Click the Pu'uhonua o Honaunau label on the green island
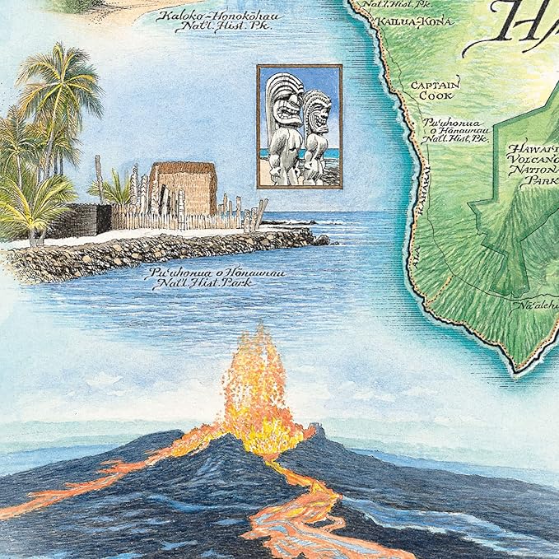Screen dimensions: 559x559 454,130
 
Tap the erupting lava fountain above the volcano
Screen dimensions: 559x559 257,387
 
